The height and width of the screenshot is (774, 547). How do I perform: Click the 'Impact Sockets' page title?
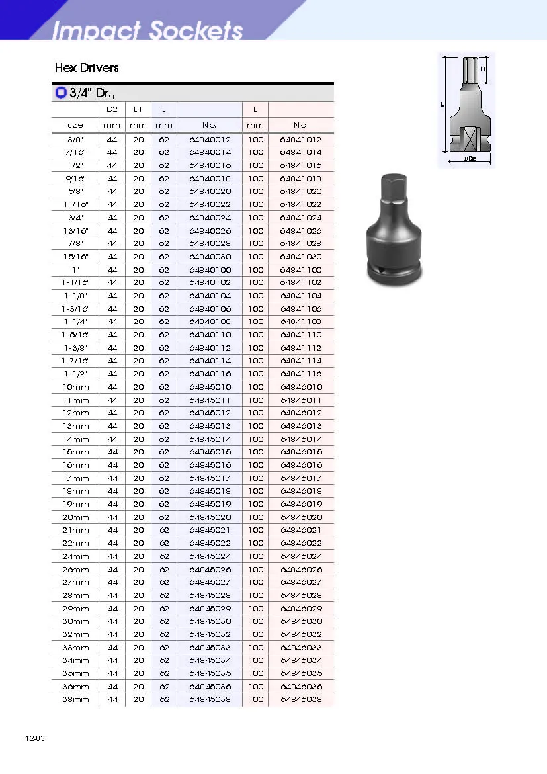tap(147, 30)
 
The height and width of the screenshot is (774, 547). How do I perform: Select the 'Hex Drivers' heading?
tap(87, 67)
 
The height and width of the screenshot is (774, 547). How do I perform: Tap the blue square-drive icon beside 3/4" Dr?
tap(61, 93)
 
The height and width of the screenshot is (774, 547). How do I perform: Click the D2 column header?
tap(112, 109)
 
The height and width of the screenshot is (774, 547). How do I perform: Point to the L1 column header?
tap(138, 109)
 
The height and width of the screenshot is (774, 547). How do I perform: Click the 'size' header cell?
tap(75, 126)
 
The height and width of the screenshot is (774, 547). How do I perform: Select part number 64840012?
tap(210, 140)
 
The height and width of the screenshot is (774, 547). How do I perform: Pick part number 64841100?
tap(301, 270)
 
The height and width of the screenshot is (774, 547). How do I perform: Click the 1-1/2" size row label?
tap(75, 374)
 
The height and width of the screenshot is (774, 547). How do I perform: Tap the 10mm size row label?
tap(75, 387)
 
